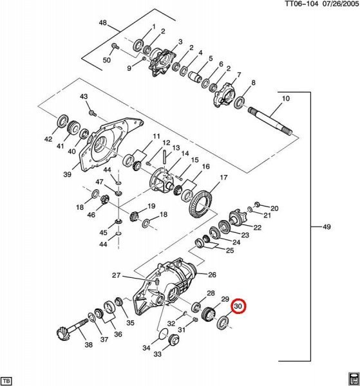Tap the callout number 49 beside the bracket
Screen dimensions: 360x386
(x=327, y=226)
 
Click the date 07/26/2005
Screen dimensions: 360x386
(x=341, y=4)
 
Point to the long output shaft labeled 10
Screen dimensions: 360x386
(x=270, y=122)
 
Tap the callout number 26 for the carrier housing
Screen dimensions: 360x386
(x=212, y=275)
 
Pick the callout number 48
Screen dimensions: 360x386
(x=103, y=23)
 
